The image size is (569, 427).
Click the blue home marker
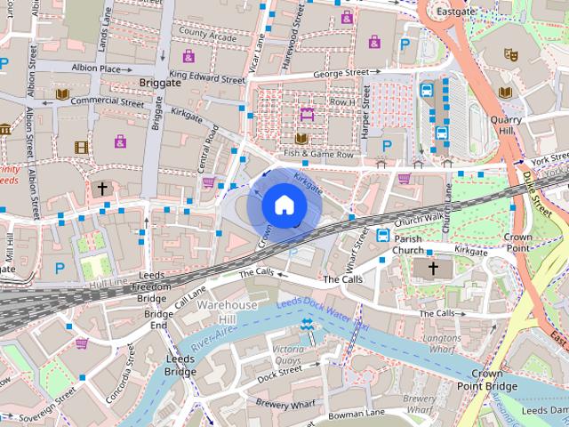coord(283,205)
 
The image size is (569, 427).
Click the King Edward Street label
coord(206,78)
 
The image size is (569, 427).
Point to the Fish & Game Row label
coord(318,154)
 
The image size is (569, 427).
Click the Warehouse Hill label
coord(227,311)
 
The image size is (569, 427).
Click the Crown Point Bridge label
coord(486,379)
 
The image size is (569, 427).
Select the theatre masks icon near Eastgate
coord(512,53)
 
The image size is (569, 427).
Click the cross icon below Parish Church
coord(434,268)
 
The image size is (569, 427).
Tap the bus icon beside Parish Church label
coord(383,236)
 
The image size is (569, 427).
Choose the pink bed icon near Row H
coord(308,113)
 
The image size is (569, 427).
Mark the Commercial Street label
coord(106,101)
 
